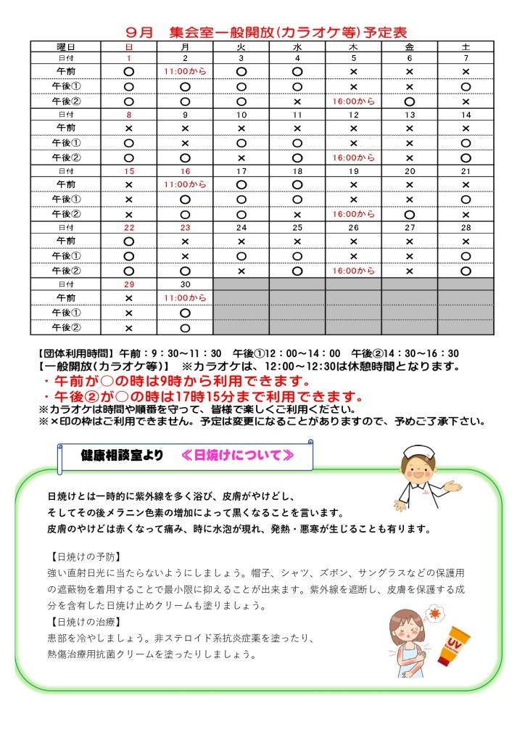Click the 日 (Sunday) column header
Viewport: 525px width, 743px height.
129,46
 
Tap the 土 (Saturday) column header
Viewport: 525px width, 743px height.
466,46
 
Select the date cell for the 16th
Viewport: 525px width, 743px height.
185,171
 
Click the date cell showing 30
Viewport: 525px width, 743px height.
185,284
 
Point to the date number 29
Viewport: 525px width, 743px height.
129,284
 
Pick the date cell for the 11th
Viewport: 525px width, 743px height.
297,115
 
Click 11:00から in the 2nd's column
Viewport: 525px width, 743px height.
185,72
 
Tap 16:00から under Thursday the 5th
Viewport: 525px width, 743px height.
353,102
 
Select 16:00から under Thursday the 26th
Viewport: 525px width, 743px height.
353,271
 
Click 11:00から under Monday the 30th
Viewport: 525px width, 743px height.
185,298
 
